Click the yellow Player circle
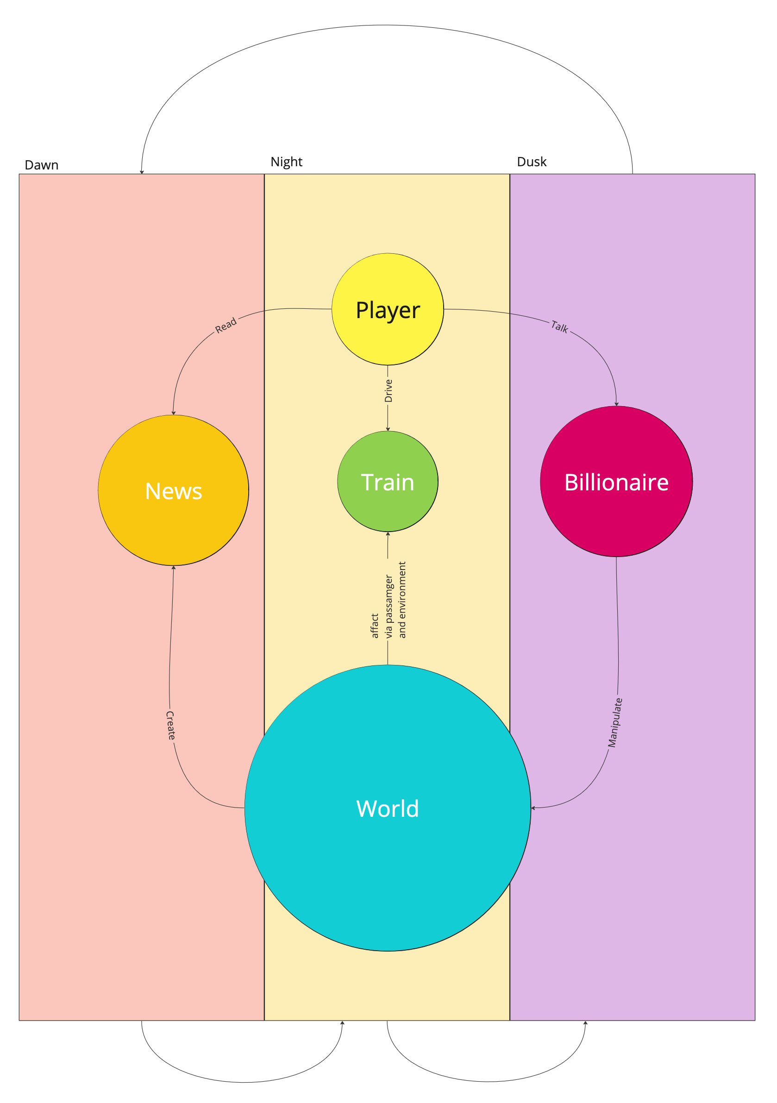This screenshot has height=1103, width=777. coord(387,309)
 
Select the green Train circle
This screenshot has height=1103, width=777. coord(387,482)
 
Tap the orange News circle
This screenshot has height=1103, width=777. coord(174,490)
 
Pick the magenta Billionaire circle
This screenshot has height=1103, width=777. coord(616,482)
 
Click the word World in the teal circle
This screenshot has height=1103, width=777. coord(387,808)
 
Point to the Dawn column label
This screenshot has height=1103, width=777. coord(41,165)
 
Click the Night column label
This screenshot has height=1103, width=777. coord(286,162)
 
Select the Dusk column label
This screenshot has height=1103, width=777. coord(532,162)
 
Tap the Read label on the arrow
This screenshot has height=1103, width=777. coord(226,325)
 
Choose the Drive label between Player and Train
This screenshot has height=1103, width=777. coord(388,390)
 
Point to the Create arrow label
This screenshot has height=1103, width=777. coord(170,725)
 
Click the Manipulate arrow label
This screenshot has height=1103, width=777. coord(614,722)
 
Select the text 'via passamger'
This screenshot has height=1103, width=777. coord(389,607)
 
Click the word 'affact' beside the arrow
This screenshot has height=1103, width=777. coord(375,626)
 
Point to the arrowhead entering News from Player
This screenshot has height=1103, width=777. coord(174,413)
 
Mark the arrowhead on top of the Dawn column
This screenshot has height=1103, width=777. coord(142,171)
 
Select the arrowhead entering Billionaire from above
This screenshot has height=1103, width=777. coord(616,404)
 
